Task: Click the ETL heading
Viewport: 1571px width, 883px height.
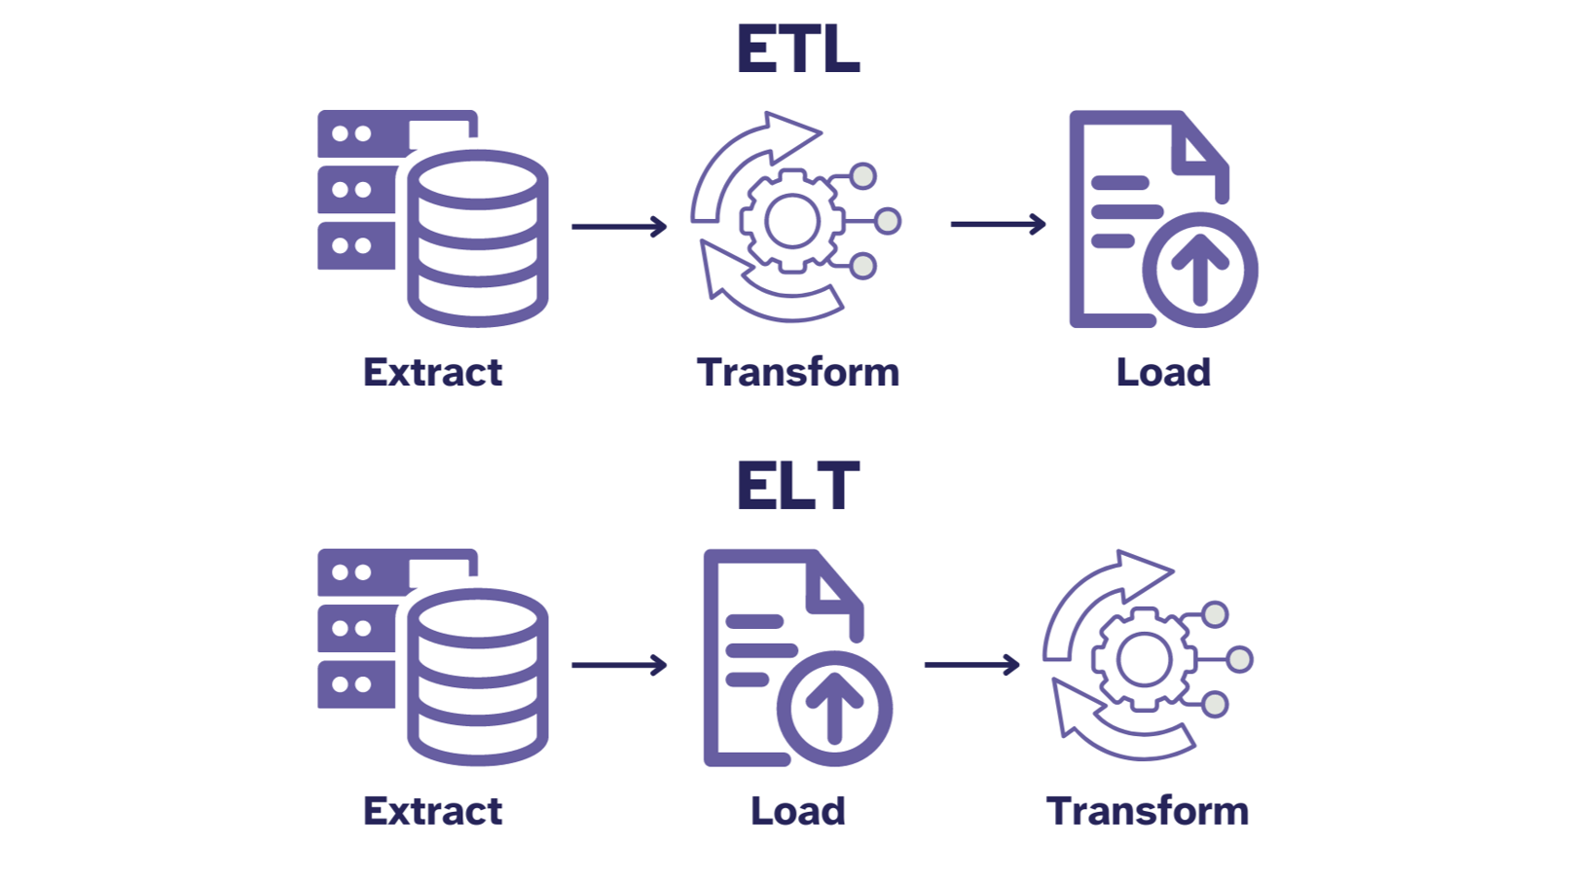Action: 797,50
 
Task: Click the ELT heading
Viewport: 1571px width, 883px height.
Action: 797,486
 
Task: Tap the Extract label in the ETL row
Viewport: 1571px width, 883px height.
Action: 432,373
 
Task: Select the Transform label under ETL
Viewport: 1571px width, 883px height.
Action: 797,373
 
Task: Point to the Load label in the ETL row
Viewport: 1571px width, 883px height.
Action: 1163,373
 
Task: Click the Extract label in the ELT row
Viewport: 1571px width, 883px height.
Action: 432,811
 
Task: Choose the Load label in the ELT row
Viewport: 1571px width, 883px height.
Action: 797,811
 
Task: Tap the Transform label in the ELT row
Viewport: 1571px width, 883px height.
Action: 1148,811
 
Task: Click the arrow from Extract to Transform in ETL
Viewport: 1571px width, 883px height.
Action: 619,227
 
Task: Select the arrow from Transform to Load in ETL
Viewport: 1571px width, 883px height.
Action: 998,224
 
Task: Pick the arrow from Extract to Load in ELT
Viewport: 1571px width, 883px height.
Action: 619,665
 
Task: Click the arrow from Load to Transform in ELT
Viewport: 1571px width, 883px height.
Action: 971,665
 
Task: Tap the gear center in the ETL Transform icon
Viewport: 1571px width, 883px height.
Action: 792,221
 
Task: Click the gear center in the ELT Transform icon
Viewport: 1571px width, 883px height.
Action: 1144,659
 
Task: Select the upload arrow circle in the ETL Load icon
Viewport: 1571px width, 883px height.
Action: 1199,270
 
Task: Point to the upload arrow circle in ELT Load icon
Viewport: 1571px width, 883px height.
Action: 834,708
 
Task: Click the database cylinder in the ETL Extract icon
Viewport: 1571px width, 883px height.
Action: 478,239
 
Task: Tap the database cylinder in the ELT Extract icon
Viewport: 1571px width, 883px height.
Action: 478,677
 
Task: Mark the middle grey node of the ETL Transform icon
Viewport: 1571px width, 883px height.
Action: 887,221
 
